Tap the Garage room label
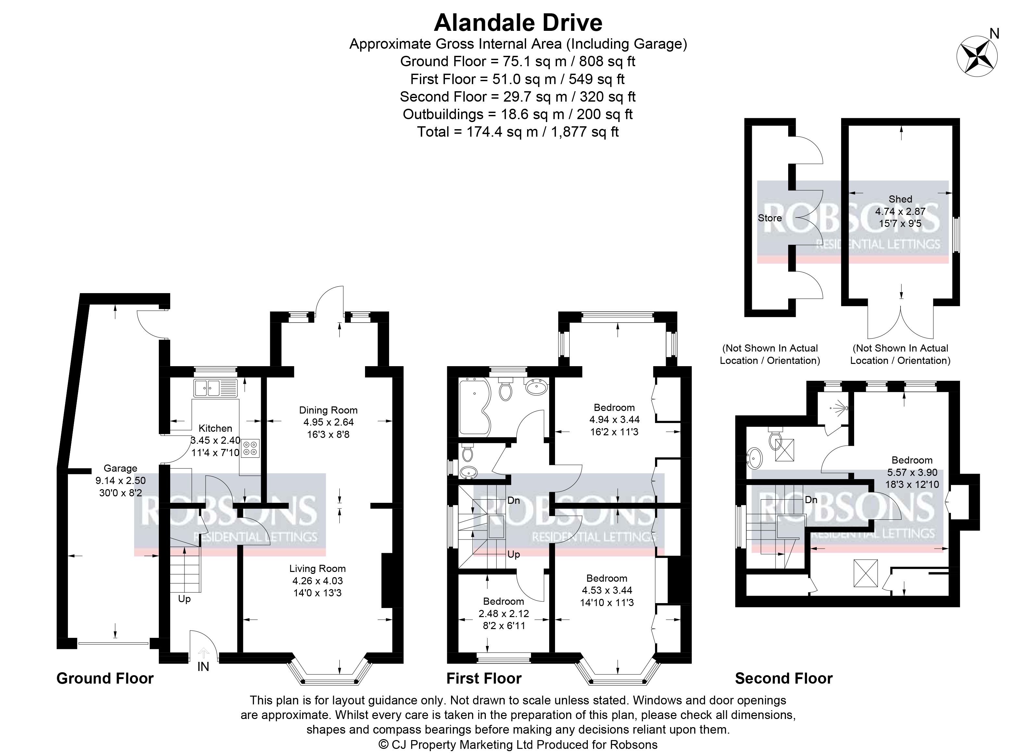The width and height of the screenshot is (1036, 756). tap(120, 468)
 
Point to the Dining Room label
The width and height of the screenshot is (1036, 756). tap(328, 410)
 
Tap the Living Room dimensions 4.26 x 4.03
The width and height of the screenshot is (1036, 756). tap(318, 581)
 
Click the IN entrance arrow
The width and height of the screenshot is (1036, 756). tap(203, 653)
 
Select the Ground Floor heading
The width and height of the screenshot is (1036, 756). tap(105, 678)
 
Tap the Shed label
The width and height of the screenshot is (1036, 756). tap(901, 199)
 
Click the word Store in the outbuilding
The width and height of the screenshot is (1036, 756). tap(770, 218)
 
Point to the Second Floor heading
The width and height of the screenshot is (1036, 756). tap(784, 678)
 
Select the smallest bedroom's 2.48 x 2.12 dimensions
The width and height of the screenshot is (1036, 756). tap(504, 613)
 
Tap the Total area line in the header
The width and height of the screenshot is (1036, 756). tap(518, 132)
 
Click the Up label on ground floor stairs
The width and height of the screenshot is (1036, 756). tap(184, 599)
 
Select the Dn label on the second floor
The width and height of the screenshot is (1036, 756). tap(811, 500)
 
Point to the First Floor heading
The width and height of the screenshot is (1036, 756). tap(484, 678)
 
